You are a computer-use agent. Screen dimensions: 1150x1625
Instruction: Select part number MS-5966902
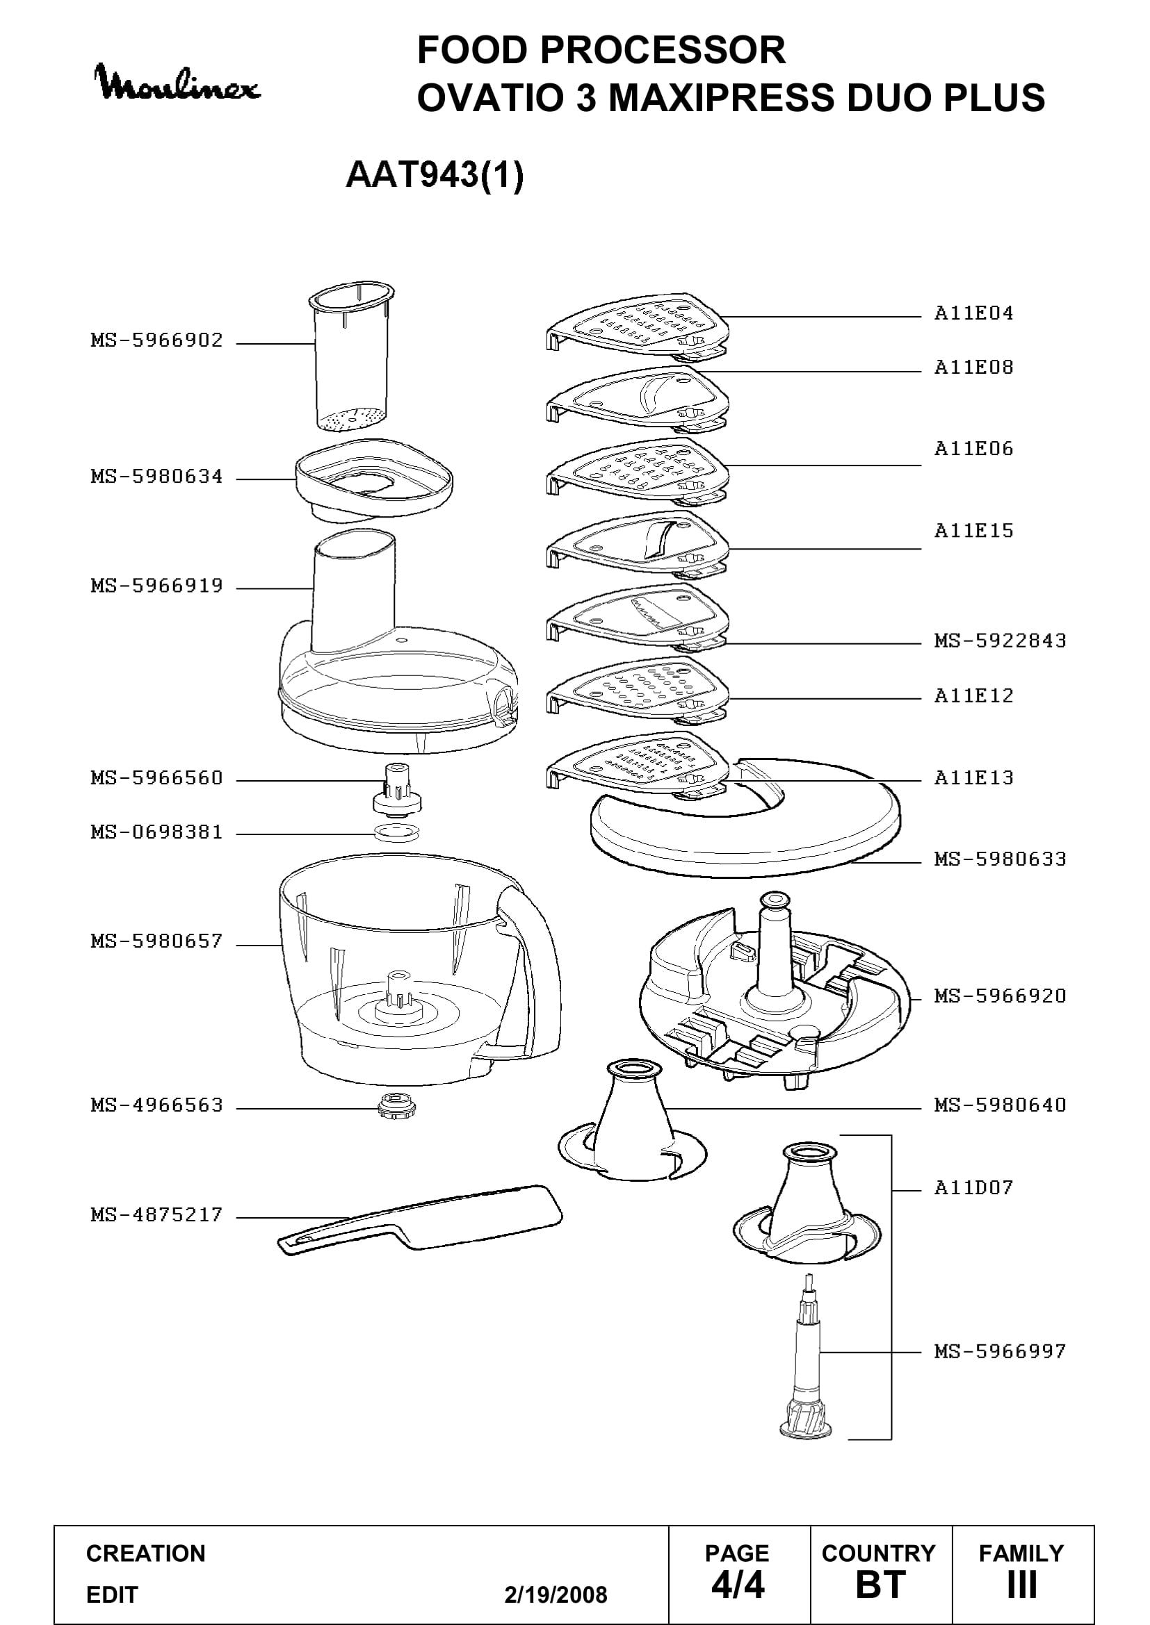(156, 340)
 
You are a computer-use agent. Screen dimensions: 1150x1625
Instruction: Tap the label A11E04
(973, 313)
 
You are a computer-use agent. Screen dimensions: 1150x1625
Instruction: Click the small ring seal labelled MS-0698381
(396, 833)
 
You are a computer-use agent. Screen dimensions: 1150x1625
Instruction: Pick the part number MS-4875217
(156, 1215)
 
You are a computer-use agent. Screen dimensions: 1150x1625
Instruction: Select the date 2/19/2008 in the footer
(556, 1595)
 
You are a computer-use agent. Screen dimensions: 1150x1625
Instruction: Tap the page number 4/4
(738, 1586)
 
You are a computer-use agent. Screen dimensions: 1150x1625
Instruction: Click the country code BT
(880, 1586)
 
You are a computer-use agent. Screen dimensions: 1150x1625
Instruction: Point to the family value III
(1022, 1586)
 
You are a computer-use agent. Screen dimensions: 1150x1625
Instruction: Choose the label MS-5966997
(1000, 1352)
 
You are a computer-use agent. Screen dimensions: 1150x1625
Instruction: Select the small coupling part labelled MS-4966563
(396, 1105)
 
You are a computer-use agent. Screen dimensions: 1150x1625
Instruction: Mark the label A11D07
(973, 1187)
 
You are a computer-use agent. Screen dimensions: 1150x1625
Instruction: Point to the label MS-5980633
(1000, 859)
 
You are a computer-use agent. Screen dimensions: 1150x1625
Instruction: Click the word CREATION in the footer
(146, 1553)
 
